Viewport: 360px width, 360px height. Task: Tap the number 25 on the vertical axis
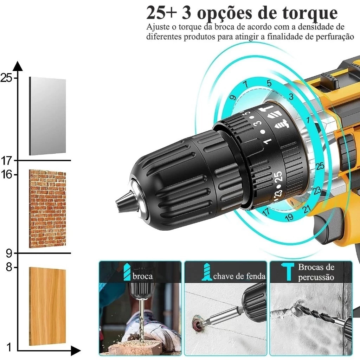coord(6,78)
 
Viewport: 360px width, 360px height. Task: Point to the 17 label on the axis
coord(6,161)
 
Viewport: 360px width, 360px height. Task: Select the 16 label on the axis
coord(6,174)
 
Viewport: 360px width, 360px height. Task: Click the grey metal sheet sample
coord(47,116)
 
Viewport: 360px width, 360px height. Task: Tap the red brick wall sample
coord(47,208)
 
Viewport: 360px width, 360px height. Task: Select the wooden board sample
coord(47,306)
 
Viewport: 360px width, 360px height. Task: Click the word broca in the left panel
coord(142,276)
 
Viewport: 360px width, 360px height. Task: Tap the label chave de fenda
coord(239,276)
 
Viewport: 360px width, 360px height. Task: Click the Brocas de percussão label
coord(316,272)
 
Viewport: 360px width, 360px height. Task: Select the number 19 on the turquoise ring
coord(289,217)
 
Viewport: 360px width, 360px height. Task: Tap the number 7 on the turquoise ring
coord(245,84)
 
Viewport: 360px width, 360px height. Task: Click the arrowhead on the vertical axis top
coord(18,66)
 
